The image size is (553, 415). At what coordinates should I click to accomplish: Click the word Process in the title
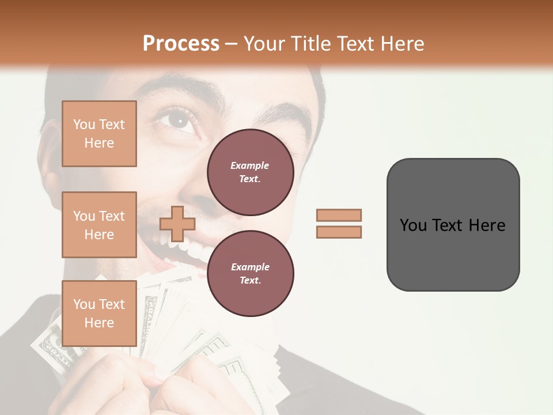tap(181, 44)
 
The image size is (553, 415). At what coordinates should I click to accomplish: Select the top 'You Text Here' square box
tap(99, 134)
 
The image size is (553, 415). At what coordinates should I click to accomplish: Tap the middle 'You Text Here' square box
tap(99, 225)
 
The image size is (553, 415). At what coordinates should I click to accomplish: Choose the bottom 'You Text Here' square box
tap(99, 313)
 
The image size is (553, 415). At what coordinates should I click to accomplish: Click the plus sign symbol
tap(177, 224)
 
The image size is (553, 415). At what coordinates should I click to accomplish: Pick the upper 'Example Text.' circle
tap(250, 172)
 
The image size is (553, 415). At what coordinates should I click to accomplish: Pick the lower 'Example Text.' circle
tap(250, 274)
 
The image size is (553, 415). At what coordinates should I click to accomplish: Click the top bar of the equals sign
tap(339, 215)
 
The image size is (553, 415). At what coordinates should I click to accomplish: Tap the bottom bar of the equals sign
tap(339, 232)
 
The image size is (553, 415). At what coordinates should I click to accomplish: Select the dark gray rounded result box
tap(453, 225)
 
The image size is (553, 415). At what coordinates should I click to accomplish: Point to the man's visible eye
tap(177, 120)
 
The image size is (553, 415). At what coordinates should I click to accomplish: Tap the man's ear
tap(50, 153)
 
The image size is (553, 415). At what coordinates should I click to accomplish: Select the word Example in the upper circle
tap(250, 165)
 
